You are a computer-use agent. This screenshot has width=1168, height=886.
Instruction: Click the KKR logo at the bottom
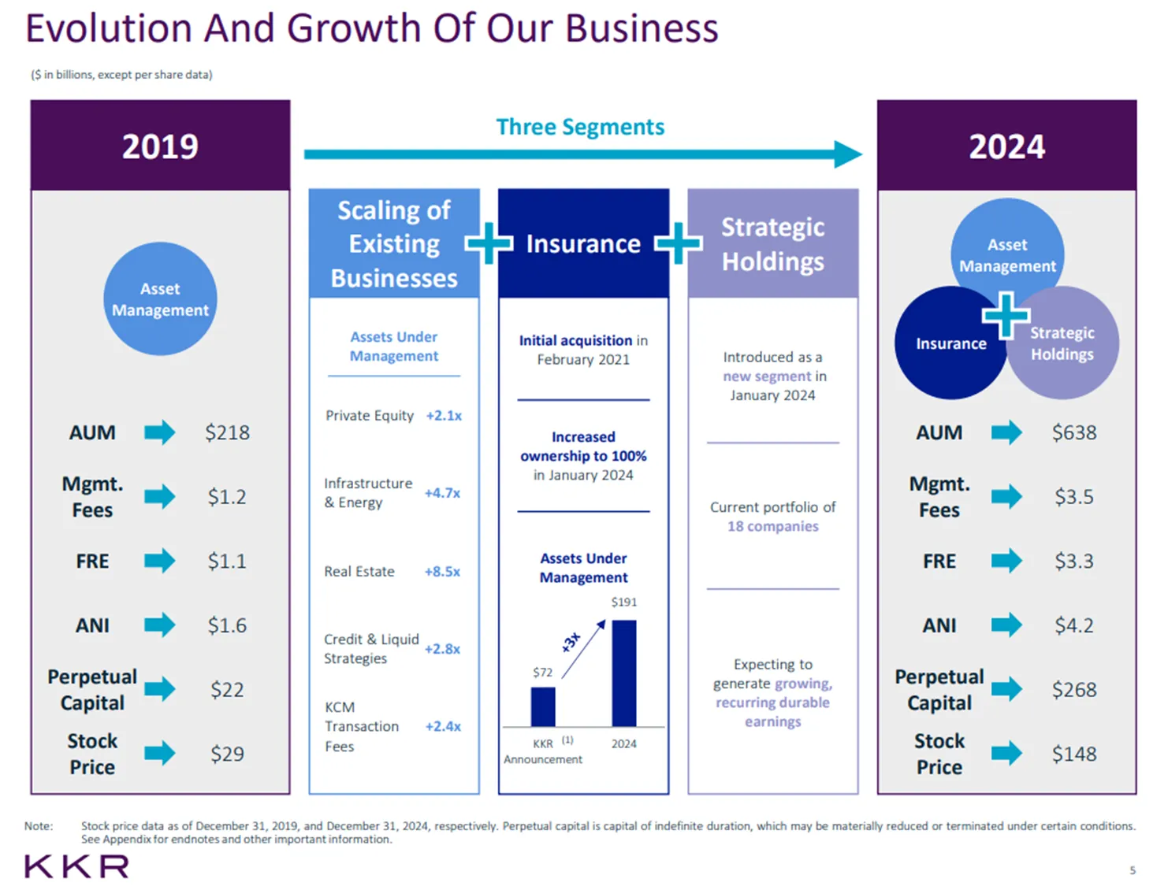(76, 866)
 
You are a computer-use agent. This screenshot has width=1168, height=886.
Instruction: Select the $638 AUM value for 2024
(1073, 432)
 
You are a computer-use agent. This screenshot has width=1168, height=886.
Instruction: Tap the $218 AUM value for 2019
(227, 432)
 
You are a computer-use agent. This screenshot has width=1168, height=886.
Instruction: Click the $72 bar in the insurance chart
(543, 707)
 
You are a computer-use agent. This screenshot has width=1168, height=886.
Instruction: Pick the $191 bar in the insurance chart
(623, 673)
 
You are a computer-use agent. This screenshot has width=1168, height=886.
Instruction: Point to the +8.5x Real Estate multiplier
(442, 571)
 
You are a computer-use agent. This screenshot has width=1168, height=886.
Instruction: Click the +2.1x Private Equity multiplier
(444, 415)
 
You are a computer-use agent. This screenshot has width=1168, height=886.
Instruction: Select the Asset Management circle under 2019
(160, 298)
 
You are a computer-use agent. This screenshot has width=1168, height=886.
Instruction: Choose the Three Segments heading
(580, 127)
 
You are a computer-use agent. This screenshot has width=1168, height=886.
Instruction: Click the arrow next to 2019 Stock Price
(160, 753)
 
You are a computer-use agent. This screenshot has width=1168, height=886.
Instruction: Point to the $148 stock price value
(1073, 754)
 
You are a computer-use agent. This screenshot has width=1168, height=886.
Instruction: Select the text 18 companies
(772, 526)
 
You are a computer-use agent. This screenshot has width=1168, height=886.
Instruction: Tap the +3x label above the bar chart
(571, 642)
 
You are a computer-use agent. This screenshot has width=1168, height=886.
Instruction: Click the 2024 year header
(1006, 146)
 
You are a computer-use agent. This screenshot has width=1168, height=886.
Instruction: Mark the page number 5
(1133, 870)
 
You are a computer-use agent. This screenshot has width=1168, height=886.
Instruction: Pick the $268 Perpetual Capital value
(1073, 689)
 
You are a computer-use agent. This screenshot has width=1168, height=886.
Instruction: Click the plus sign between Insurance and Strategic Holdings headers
(679, 243)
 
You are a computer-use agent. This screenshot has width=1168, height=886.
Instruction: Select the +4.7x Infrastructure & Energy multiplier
(442, 493)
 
